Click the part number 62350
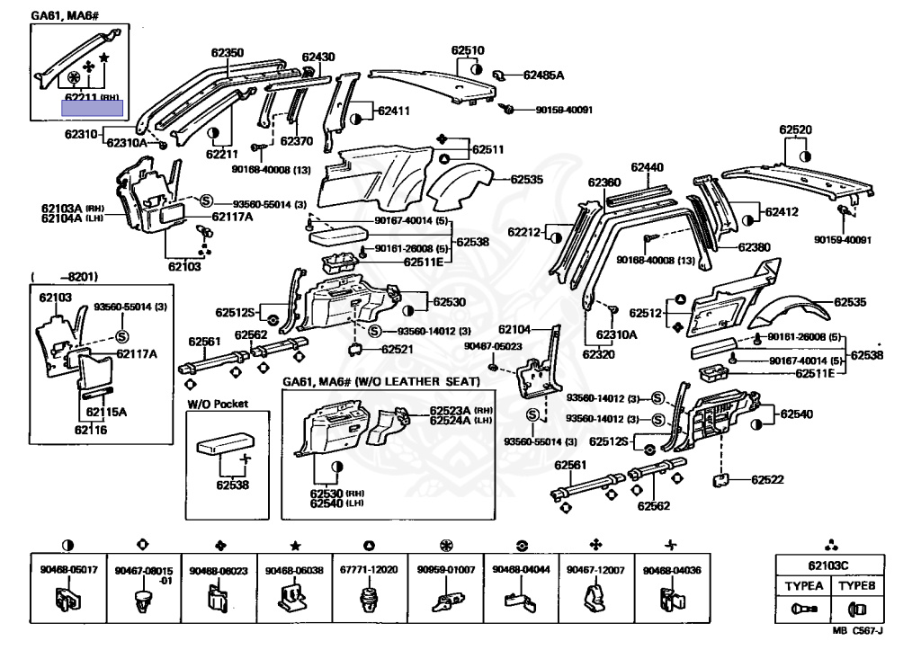(x=227, y=53)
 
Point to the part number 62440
(x=647, y=167)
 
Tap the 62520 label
(x=795, y=129)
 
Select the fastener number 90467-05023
(x=492, y=345)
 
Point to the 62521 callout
(x=397, y=349)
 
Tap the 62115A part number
(x=105, y=413)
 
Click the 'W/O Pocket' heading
(x=218, y=405)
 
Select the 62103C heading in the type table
(x=825, y=565)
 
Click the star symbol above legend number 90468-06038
(x=295, y=546)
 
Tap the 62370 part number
(x=296, y=141)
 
